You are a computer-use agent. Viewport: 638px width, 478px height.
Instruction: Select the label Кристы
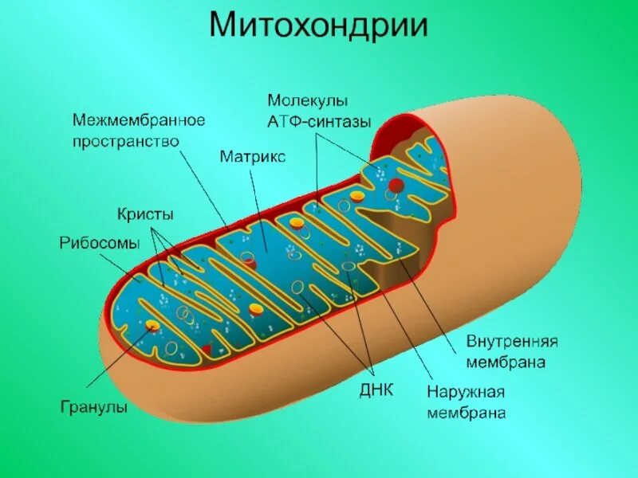tap(145, 214)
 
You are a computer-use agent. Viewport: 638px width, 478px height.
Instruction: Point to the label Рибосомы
tap(100, 242)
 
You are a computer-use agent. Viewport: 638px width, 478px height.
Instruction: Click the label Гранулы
tap(94, 407)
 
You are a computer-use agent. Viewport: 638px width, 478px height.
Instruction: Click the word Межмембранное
tap(139, 119)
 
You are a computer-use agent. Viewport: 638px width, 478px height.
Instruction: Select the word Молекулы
tap(307, 101)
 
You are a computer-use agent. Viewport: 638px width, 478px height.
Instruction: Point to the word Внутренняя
tap(511, 341)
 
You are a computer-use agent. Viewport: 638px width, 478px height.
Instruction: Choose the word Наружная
tap(466, 393)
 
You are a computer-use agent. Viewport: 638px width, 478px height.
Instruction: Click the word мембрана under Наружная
tap(466, 413)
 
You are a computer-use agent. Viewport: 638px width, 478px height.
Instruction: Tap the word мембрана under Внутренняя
tap(506, 362)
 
